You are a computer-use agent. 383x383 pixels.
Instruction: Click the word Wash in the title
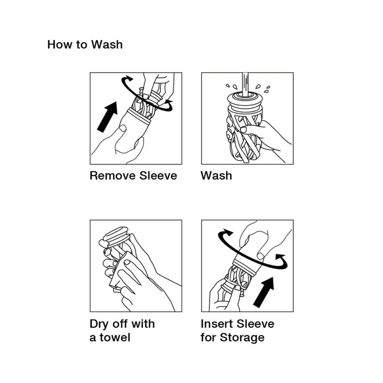tap(107, 45)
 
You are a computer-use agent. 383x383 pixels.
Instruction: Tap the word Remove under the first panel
tap(113, 176)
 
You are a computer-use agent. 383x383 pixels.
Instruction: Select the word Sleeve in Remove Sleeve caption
tap(158, 176)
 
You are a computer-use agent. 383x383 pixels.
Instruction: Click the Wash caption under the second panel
tap(217, 176)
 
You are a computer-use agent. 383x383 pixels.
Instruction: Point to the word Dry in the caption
tap(100, 324)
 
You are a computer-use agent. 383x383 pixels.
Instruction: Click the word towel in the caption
tap(115, 338)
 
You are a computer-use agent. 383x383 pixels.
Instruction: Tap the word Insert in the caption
tap(217, 324)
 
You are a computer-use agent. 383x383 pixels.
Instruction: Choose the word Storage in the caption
tap(242, 338)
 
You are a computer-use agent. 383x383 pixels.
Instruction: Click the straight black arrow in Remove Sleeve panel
tap(108, 117)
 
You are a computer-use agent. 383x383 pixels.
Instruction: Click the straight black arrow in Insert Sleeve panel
tap(264, 292)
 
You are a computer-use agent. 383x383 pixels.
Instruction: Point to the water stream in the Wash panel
tap(245, 84)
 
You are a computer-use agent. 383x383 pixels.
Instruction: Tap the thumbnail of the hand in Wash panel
tap(244, 130)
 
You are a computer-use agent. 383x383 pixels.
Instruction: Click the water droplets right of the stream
tap(263, 89)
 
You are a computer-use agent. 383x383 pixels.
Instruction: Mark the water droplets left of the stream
tap(231, 86)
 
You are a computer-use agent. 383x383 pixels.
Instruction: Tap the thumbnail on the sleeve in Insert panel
tap(261, 256)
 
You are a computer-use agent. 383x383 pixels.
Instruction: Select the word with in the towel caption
tap(143, 324)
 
